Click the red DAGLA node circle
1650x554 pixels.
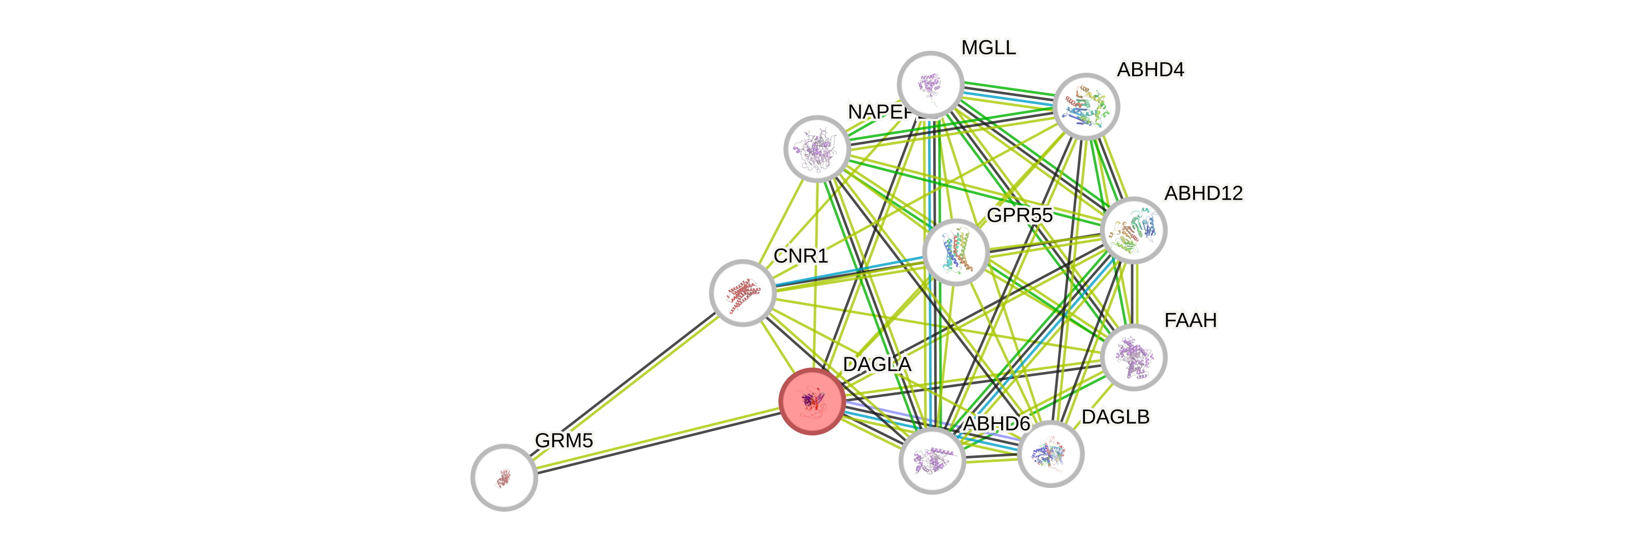click(812, 402)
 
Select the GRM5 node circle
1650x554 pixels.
click(504, 478)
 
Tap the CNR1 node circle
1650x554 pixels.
click(742, 293)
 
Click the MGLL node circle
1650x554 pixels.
click(930, 84)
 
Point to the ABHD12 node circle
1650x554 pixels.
click(1133, 230)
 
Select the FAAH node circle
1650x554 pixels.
click(1133, 357)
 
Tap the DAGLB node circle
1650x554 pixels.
click(1050, 454)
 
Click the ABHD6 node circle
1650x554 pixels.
click(932, 460)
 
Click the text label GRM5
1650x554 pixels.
click(564, 441)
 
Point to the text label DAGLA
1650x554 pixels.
click(877, 364)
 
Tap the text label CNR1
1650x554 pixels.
click(801, 256)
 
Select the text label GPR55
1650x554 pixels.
click(1019, 216)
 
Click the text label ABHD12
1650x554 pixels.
click(1204, 193)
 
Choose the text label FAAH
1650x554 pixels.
click(1190, 320)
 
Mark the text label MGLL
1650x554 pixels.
click(988, 47)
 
